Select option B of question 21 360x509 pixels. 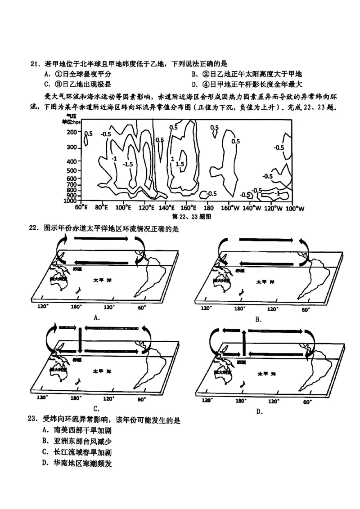point(247,74)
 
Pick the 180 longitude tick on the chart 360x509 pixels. point(208,208)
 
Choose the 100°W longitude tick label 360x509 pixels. point(295,208)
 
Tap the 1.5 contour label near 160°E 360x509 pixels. point(180,164)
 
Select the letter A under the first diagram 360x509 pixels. point(96,317)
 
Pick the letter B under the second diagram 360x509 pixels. point(258,319)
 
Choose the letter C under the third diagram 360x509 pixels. point(96,408)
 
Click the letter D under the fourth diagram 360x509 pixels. point(259,411)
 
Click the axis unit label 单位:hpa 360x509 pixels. point(72,122)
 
